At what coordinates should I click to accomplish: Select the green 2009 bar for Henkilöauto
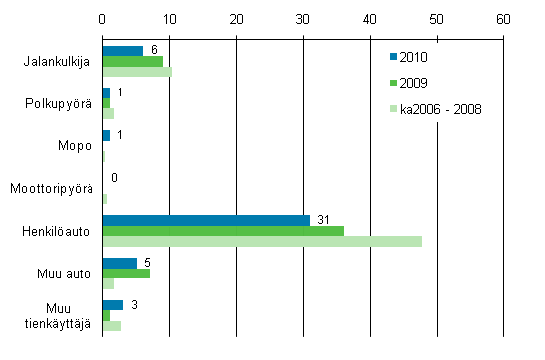[223, 231]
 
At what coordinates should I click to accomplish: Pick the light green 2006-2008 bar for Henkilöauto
[262, 242]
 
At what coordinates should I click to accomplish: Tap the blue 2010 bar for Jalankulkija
[123, 51]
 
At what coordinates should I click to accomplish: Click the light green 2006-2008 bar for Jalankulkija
[137, 72]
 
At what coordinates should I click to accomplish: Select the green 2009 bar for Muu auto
[126, 273]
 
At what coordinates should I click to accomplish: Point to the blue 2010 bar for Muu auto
[119, 263]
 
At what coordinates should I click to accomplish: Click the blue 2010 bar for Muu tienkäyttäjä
[112, 305]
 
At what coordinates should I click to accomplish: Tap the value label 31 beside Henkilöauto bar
[320, 219]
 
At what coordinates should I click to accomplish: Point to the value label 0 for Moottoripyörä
[115, 177]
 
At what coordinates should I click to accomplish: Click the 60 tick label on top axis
[503, 18]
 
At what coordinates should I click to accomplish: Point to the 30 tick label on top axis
[303, 18]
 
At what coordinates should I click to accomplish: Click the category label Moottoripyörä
[52, 188]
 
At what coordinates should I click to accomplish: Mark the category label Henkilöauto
[57, 231]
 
